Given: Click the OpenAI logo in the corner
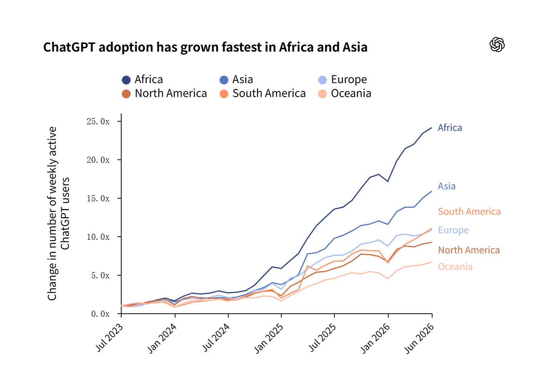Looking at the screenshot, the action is pyautogui.click(x=497, y=45).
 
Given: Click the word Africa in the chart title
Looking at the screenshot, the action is pyautogui.click(x=296, y=47).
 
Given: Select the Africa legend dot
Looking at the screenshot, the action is pyautogui.click(x=126, y=80).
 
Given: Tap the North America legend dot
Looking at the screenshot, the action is pyautogui.click(x=126, y=94).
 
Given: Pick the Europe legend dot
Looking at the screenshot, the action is pyautogui.click(x=322, y=80).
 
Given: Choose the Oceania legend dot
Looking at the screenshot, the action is pyautogui.click(x=322, y=94).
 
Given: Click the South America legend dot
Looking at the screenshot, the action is pyautogui.click(x=224, y=94).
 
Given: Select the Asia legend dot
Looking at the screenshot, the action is pyautogui.click(x=224, y=80).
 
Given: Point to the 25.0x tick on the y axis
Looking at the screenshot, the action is pyautogui.click(x=119, y=121).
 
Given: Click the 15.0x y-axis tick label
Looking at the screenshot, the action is pyautogui.click(x=98, y=198).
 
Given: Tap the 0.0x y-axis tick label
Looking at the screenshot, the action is pyautogui.click(x=100, y=314).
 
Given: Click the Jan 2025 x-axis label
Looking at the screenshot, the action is pyautogui.click(x=268, y=338).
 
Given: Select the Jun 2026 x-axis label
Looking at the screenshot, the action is pyautogui.click(x=419, y=338).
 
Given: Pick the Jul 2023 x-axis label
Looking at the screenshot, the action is pyautogui.click(x=109, y=338).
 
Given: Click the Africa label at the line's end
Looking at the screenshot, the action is pyautogui.click(x=449, y=128).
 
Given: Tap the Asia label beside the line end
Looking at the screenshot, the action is pyautogui.click(x=446, y=186).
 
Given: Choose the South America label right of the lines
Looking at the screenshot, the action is pyautogui.click(x=469, y=212).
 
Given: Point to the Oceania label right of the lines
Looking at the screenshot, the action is pyautogui.click(x=455, y=267).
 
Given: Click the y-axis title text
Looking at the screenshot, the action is pyautogui.click(x=58, y=214).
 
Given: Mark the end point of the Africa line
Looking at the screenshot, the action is pyautogui.click(x=431, y=128).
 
